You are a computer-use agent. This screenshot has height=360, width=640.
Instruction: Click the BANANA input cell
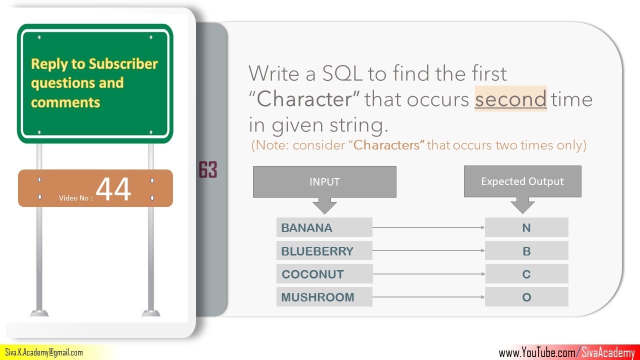pos(324,227)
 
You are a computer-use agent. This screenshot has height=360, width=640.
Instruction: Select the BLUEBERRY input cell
pos(324,250)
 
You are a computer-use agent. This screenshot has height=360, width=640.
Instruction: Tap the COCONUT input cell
pos(324,274)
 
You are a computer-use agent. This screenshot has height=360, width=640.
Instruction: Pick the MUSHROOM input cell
pos(324,297)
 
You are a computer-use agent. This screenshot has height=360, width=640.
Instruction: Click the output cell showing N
pos(526,227)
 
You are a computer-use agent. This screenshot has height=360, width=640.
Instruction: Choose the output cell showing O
pos(526,297)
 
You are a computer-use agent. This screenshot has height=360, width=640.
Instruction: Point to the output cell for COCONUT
pos(526,274)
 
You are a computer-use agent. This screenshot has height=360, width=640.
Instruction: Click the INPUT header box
pos(324,181)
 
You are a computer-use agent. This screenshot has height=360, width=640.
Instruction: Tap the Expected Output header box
pos(522,181)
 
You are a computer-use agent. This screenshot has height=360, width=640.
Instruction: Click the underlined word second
pos(511,99)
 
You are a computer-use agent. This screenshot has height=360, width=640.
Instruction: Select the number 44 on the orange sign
pos(113,188)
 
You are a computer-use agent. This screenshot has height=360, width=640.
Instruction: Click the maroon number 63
pos(208,169)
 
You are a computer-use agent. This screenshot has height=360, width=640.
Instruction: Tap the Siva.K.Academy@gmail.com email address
pos(44,352)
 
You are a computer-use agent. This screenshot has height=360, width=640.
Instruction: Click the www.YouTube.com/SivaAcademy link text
pos(566,352)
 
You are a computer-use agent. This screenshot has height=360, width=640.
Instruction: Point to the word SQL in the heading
pos(342,73)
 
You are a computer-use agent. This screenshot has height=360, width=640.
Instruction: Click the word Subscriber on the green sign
pos(123,63)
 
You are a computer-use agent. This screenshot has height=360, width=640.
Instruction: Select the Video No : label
pos(76,198)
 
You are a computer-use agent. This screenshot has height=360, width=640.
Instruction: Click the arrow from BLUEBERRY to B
pos(428,250)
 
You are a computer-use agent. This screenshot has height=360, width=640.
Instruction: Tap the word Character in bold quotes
pos(305,99)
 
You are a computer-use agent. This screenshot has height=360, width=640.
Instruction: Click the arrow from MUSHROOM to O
pos(428,297)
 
